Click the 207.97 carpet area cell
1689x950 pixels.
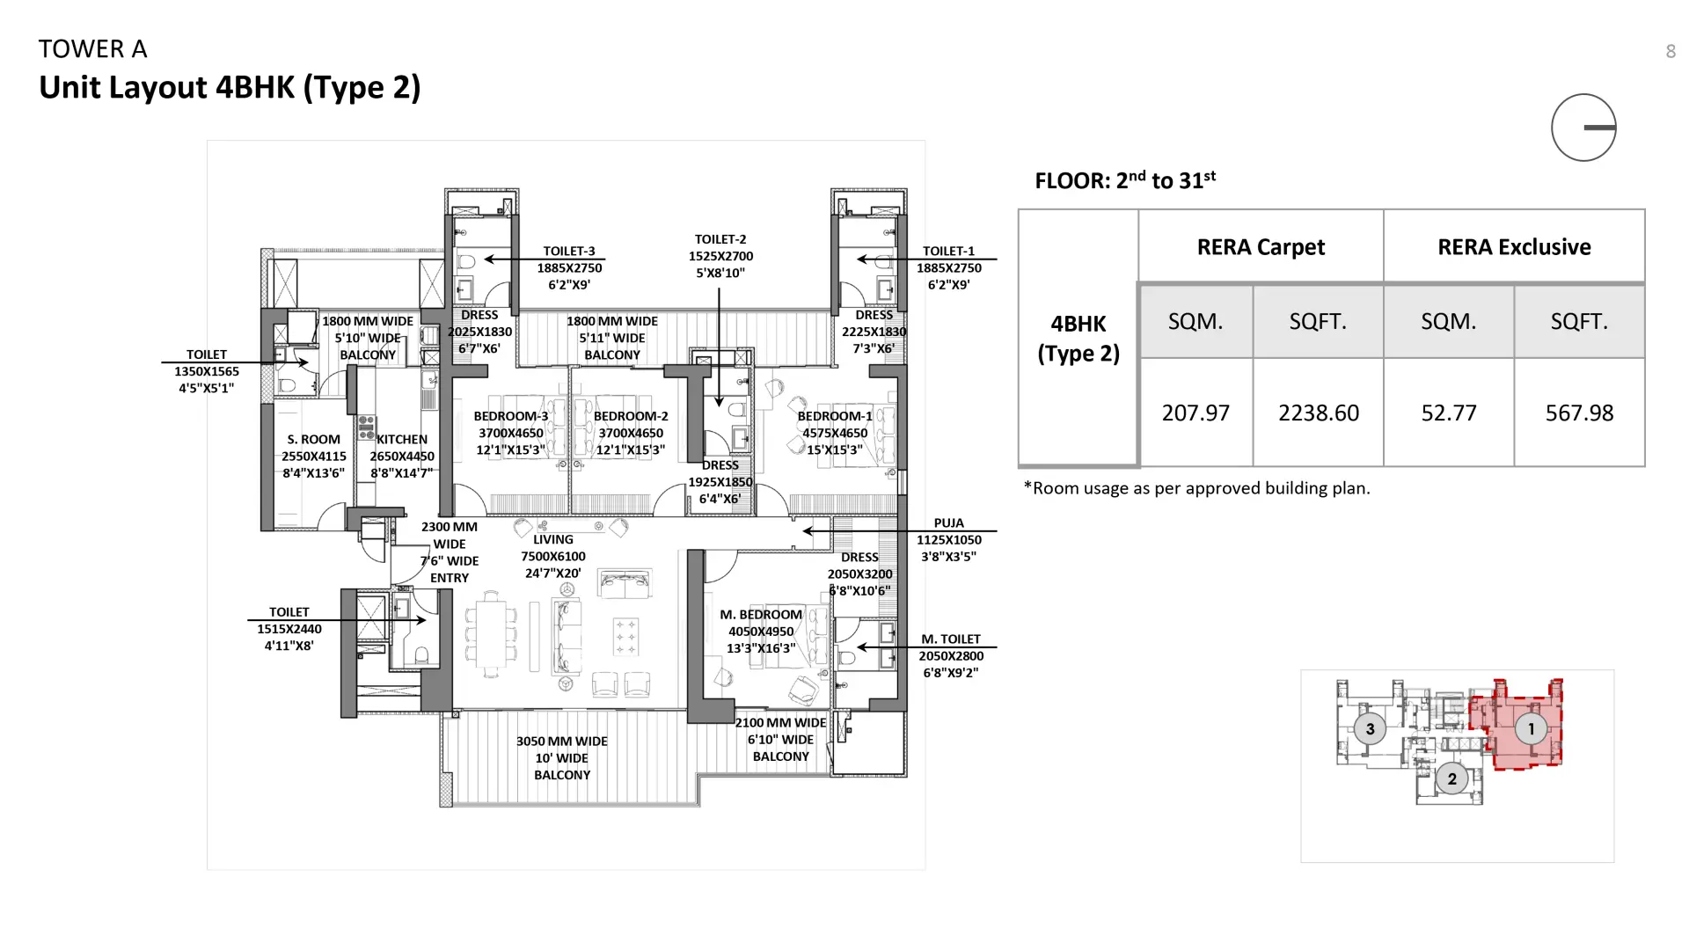[x=1195, y=413]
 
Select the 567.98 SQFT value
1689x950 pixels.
[x=1579, y=413]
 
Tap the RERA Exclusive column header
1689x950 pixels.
[x=1513, y=247]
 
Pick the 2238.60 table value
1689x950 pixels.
[x=1318, y=413]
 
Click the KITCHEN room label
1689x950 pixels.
[x=402, y=439]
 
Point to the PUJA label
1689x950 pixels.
[x=948, y=523]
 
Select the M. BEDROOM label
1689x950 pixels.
[x=761, y=615]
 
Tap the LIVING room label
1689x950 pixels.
[x=552, y=540]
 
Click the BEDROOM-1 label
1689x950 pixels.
[x=834, y=416]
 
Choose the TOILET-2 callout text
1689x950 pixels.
[x=720, y=239]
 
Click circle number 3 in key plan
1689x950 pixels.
[x=1370, y=729]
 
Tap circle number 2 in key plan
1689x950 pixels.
[x=1451, y=778]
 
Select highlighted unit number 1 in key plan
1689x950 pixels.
[x=1531, y=729]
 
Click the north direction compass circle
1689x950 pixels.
[x=1583, y=128]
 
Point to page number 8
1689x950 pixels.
[x=1671, y=52]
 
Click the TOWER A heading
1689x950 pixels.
[x=92, y=49]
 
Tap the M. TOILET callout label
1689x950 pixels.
[x=950, y=639]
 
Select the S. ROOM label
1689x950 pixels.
[x=313, y=440]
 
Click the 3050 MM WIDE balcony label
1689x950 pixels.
[x=561, y=742]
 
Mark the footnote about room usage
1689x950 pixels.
[x=1196, y=488]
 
